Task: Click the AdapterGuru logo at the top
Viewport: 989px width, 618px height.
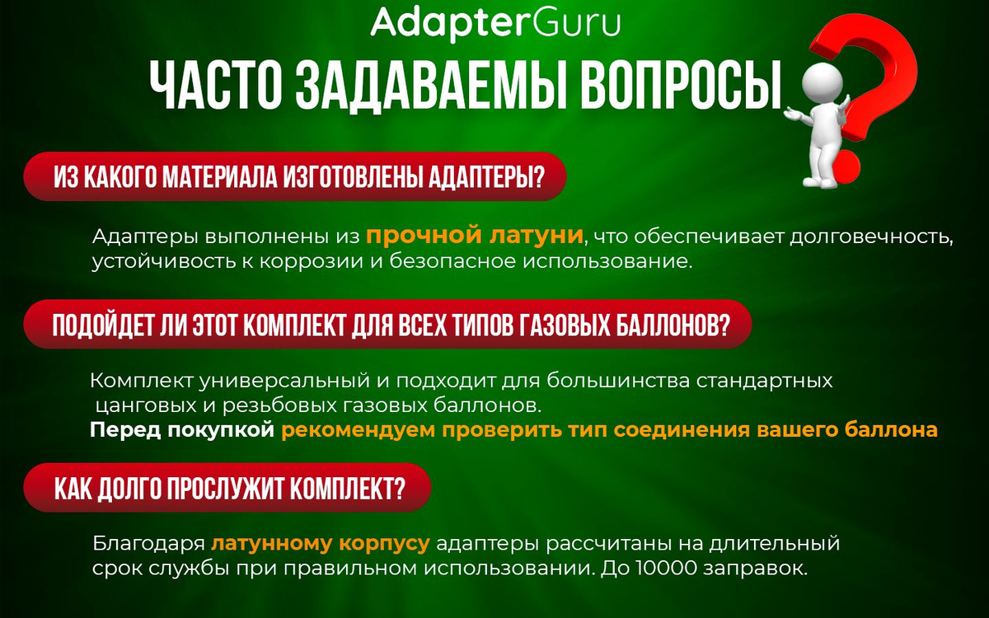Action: pos(495,23)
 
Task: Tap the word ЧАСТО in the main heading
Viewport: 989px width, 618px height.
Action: pos(216,86)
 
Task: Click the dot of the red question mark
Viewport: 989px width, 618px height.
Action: pos(841,167)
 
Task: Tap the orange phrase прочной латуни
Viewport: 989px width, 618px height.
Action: pos(475,236)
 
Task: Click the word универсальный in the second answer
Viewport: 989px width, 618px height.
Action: pos(284,381)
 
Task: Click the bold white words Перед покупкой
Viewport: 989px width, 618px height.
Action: pos(182,430)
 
